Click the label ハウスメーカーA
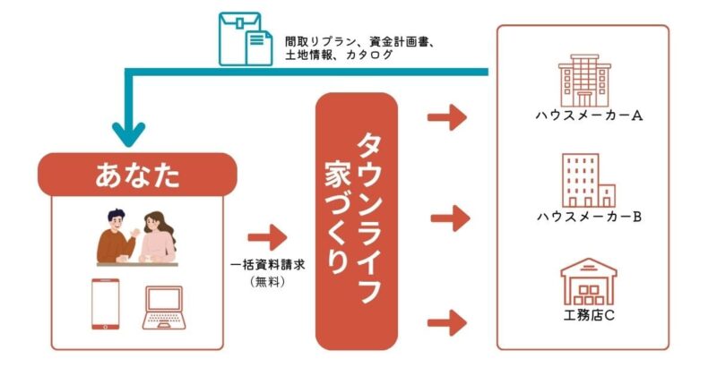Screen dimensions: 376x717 tap(583, 115)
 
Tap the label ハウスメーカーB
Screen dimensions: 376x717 tap(583, 217)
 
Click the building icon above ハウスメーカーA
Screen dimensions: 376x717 tap(583, 80)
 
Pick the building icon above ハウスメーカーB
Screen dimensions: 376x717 tap(587, 180)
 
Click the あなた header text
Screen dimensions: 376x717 tap(137, 175)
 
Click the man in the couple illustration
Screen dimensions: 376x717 tap(117, 235)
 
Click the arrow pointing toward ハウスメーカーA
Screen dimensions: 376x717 tap(447, 116)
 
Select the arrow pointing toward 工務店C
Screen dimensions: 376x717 tap(447, 319)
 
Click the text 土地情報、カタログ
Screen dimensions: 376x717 tap(339, 56)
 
